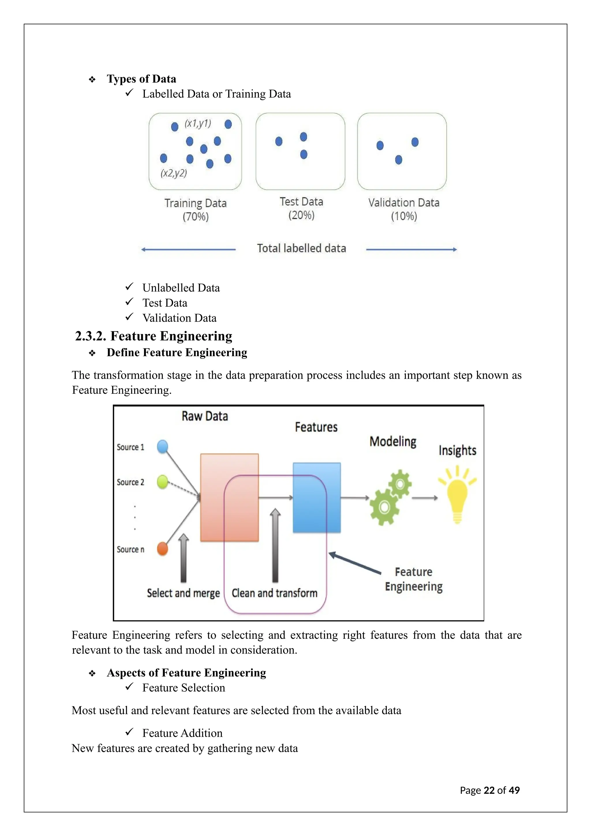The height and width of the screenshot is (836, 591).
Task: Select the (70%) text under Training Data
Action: (x=195, y=217)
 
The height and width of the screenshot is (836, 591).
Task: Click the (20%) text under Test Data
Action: (x=301, y=215)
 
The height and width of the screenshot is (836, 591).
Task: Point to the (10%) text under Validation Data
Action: (x=404, y=216)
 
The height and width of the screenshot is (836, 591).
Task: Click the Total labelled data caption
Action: (x=301, y=248)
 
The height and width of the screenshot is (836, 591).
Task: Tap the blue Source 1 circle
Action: (x=162, y=446)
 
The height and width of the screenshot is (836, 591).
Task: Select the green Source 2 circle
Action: (x=162, y=482)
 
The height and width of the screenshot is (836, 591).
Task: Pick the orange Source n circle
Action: (x=162, y=549)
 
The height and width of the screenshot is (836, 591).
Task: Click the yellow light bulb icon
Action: (x=457, y=497)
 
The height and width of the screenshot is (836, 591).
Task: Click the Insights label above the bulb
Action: (x=457, y=450)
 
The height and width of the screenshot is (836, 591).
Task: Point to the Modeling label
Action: (x=393, y=441)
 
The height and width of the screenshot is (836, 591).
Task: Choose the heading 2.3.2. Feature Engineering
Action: (x=153, y=336)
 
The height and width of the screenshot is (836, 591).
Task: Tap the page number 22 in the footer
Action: (x=489, y=790)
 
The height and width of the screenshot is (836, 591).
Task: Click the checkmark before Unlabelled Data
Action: (x=129, y=287)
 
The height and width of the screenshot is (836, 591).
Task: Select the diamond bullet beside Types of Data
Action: (x=92, y=79)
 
